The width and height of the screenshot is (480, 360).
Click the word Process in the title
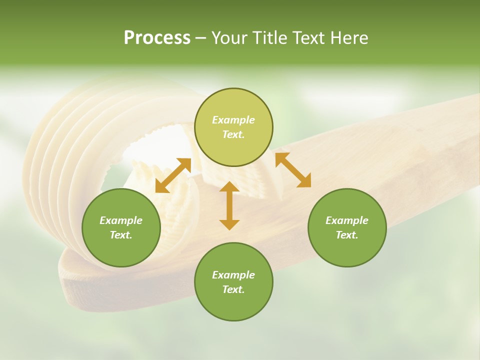coord(157,37)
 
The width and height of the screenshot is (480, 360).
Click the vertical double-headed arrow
coord(229,205)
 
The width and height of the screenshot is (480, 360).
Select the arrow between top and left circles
coord(173,175)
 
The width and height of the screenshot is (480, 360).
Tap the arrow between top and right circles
coord(293,170)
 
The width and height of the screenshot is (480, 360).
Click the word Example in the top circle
coord(233,120)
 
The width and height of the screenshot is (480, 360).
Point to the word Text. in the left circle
coord(121,235)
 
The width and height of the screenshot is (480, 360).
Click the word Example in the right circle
coord(347,220)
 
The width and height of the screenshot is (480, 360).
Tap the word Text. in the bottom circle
coord(233,289)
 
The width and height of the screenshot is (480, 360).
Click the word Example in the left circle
coord(121,220)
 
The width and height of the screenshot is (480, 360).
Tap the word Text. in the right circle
coord(347,235)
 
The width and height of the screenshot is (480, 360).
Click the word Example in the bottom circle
coord(233,275)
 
